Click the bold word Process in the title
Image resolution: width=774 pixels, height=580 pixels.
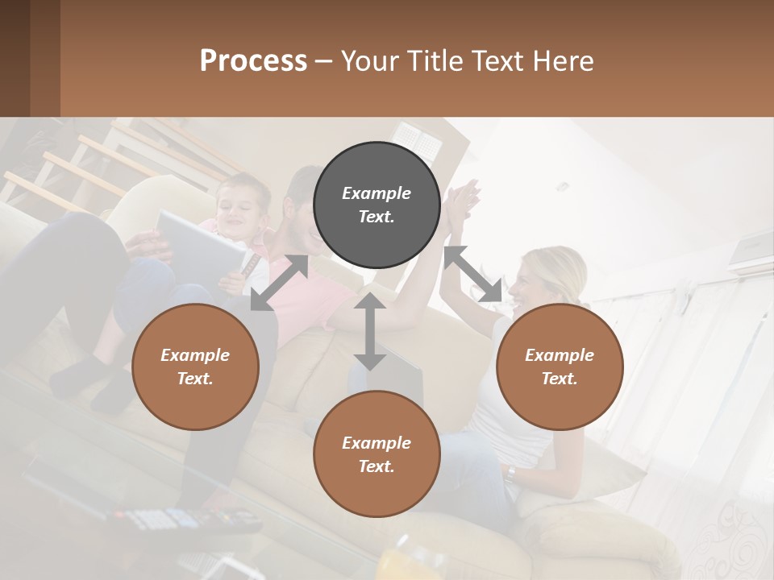(253, 61)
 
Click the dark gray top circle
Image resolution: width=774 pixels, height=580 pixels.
(377, 205)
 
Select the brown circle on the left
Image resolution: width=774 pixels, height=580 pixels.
(195, 367)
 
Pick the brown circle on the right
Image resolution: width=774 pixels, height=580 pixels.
(560, 367)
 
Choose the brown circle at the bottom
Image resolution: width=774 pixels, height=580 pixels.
(377, 454)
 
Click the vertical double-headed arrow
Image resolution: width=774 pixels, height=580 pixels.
(370, 331)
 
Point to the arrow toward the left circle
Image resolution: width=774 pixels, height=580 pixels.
(279, 283)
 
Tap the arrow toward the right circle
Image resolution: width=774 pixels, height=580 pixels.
(472, 274)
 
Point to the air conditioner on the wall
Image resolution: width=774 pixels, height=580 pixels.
(749, 251)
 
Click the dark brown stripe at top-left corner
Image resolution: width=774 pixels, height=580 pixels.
(15, 58)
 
